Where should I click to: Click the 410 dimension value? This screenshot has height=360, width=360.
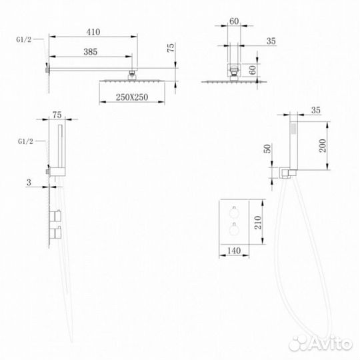pos(93,32)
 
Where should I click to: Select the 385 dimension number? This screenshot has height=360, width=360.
pos(90,51)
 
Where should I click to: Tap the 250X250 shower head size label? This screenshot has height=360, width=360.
pos(132,97)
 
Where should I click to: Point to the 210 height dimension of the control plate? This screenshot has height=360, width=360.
pos(258,223)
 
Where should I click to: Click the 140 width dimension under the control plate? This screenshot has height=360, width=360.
pos(234,251)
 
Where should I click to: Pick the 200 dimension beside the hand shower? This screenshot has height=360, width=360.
pos(323,145)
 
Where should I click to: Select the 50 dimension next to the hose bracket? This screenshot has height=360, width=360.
pos(267,149)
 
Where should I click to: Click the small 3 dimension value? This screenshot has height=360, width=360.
pos(29,182)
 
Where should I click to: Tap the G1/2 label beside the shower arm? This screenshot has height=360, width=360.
pos(23,39)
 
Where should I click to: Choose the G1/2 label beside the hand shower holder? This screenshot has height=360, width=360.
pos(25,141)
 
